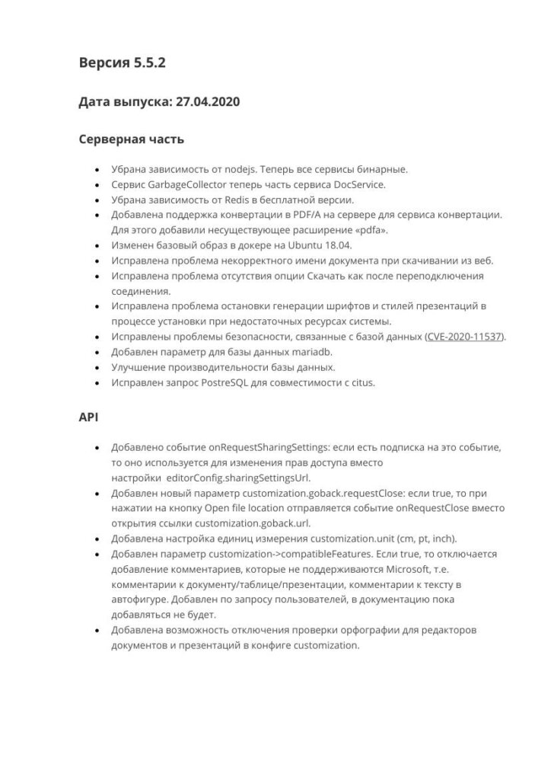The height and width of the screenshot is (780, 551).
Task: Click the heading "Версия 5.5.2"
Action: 122,63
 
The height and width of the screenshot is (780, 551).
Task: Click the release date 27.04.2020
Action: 208,102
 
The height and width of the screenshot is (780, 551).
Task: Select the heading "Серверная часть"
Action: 131,140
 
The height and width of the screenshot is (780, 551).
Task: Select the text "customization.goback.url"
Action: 253,523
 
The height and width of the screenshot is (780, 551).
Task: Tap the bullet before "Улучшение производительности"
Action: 95,366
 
